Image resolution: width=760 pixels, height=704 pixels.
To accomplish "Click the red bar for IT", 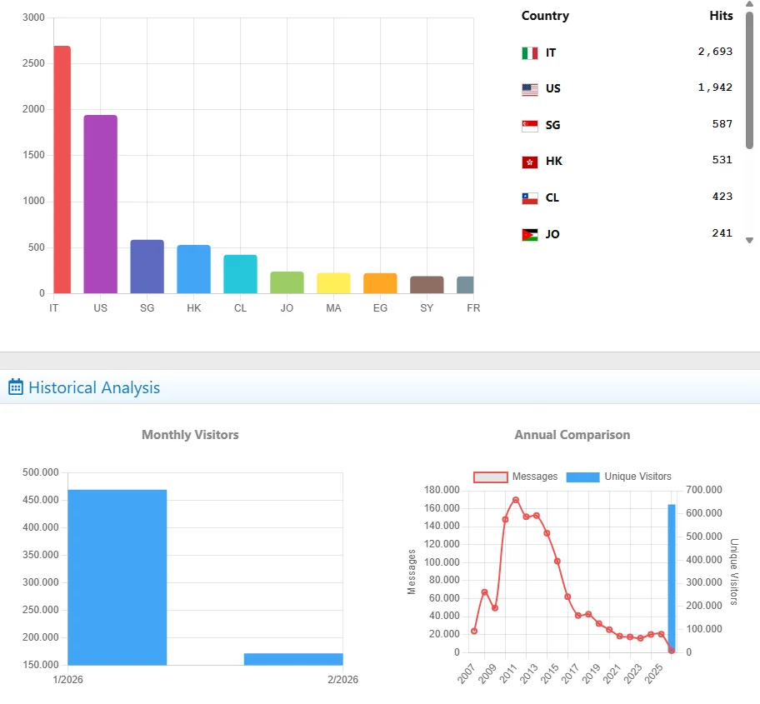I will pos(62,170).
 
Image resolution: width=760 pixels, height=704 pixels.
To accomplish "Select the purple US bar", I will pos(100,204).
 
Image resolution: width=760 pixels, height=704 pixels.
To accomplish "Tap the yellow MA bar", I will pos(333,283).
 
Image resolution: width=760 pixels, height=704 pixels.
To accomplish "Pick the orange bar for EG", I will pos(380,283).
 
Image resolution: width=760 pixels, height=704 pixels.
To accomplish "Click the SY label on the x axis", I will pos(427,308).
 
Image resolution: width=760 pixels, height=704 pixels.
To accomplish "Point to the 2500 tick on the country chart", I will pos(33,63).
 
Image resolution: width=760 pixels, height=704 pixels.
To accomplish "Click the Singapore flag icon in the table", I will pos(530,125).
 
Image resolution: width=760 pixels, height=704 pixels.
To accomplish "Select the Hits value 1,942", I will pos(716,87).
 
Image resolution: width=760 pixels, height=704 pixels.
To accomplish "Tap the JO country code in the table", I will pos(552,234).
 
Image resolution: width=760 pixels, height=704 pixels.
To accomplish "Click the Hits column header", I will pos(721,16).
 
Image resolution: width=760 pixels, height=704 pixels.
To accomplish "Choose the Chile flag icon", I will pos(530,198).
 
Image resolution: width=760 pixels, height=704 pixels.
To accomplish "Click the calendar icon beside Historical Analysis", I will pos(16,387).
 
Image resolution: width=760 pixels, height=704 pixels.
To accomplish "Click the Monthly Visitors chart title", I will pos(190,435).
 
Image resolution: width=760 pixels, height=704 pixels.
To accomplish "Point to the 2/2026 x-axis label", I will pos(342,680).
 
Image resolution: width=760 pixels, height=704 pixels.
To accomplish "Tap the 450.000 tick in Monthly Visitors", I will pos(40,500).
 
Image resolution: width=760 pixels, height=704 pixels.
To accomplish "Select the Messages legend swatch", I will pos(490,477).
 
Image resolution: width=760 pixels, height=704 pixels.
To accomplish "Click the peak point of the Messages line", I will pos(516,500).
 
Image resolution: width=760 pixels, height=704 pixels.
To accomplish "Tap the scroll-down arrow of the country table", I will pos(749,240).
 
